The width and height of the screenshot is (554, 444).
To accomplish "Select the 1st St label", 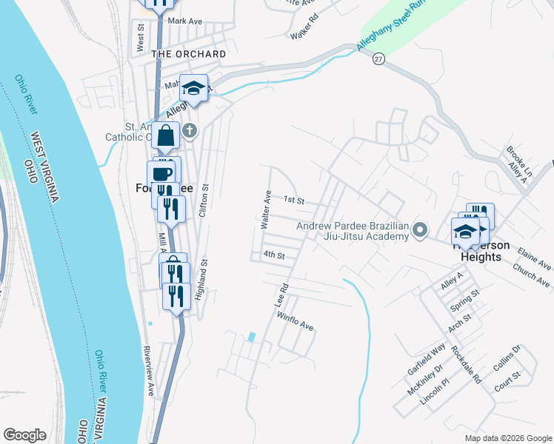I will coord(295,201).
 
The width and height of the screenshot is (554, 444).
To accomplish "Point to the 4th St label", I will coord(274,255).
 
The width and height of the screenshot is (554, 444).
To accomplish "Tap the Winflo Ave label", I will coord(296,325).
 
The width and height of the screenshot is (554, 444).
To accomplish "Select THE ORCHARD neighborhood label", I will coord(189,54).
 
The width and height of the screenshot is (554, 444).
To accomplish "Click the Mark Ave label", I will coord(185,21).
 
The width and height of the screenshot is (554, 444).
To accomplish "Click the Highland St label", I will coord(199,277).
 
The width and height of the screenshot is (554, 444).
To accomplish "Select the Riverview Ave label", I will coord(148,370).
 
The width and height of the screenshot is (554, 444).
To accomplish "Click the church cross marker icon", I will coord(190,132).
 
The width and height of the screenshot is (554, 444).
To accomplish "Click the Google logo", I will coord(24,434).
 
